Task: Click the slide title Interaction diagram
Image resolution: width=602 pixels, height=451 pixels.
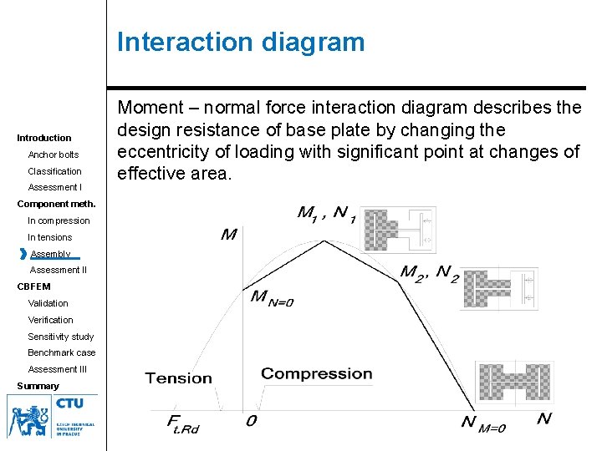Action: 241,42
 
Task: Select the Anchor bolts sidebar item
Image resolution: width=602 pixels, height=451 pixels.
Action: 54,155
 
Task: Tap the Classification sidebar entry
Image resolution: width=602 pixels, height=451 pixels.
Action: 55,171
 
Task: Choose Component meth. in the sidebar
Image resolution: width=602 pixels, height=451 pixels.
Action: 57,204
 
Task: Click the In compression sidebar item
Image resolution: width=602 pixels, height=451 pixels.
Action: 59,220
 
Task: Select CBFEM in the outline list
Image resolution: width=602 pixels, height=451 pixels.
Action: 34,286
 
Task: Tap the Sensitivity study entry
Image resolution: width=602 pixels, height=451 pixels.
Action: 61,337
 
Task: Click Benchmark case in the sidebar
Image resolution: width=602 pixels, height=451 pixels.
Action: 62,352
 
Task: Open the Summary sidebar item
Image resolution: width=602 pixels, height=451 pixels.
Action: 38,386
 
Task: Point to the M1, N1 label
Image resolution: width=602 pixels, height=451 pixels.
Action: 327,213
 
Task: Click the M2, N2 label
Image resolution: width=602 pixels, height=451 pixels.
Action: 429,272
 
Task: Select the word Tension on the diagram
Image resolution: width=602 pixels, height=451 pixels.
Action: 179,378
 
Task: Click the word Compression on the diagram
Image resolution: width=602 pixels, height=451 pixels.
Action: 316,373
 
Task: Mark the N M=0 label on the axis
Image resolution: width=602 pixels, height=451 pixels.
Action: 484,423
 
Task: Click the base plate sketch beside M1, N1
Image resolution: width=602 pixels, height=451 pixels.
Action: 401,229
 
